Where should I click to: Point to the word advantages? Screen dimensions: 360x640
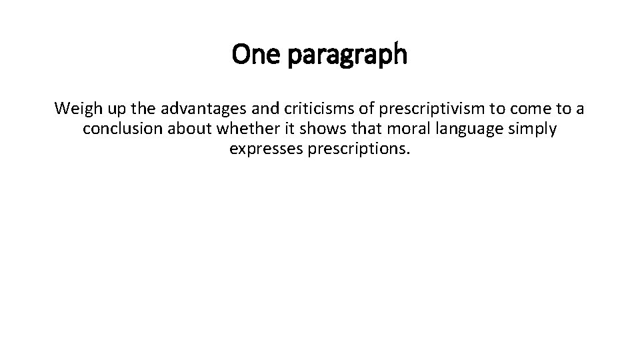click(x=195, y=108)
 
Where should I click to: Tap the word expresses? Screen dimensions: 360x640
click(x=265, y=149)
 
